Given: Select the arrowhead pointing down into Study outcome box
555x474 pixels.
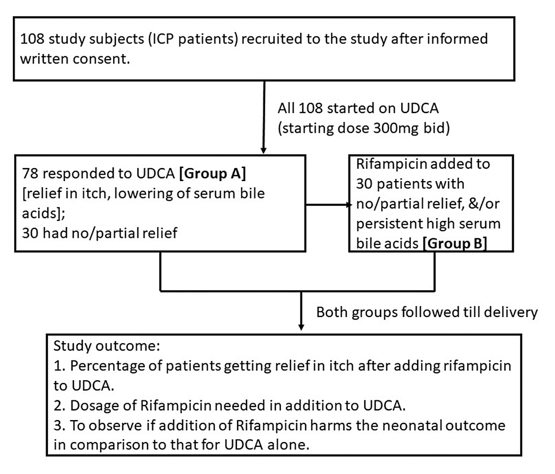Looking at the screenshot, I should (302, 326).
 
